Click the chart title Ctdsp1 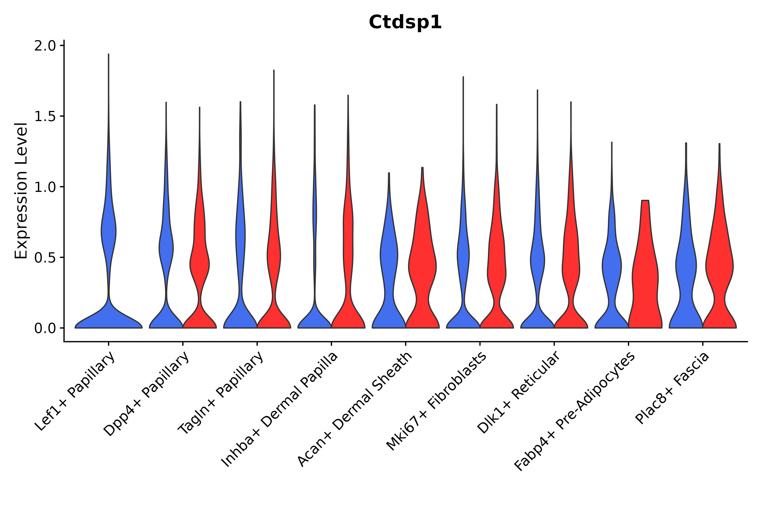click(x=405, y=22)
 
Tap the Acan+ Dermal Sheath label click(x=355, y=410)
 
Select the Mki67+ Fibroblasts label click(x=436, y=402)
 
